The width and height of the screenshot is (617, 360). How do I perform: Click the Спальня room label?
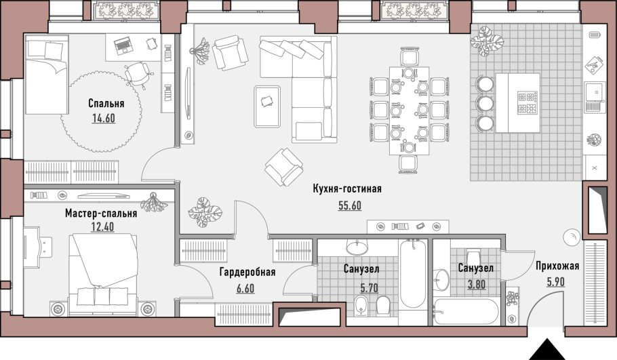pos(106,104)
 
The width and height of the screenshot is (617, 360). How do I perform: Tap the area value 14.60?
pos(104,118)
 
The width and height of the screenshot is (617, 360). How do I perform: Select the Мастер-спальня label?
pos(101,214)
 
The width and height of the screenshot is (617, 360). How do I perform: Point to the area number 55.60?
pos(350,205)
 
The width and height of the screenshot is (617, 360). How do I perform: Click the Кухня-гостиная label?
pos(347,189)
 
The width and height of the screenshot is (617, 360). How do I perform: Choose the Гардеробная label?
pos(247,272)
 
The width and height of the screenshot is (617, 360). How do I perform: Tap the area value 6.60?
pos(245,288)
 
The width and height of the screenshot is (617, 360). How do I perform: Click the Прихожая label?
pos(557,266)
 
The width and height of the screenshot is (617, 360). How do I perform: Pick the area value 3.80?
pos(477,284)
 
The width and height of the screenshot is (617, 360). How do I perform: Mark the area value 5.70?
pos(370,288)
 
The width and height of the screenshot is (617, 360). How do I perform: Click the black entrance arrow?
pos(546,349)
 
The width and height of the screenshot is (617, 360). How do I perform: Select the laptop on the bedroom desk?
pos(123,45)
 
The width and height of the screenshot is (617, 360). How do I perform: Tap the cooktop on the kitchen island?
pos(528,102)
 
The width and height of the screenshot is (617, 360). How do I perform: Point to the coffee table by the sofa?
pos(267,106)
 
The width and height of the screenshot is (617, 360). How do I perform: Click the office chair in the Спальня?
pos(138,74)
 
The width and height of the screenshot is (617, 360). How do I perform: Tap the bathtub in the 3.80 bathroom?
pos(466,312)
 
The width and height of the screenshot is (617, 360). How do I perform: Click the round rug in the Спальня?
pos(101,111)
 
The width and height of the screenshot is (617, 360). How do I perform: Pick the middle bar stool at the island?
pos(486,104)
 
